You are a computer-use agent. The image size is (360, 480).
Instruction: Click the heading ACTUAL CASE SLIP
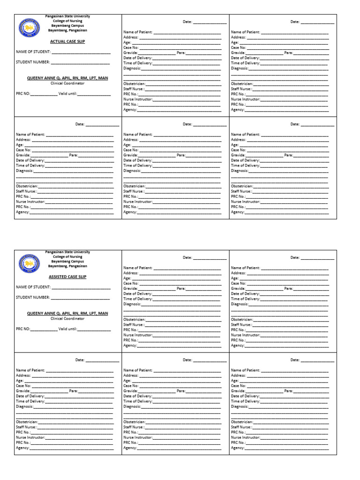coord(67,41)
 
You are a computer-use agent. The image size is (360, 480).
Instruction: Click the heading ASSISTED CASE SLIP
coord(67,277)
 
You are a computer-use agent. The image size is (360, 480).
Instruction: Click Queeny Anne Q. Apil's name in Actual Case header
coord(67,78)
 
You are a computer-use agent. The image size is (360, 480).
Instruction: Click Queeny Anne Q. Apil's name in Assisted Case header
coord(67,314)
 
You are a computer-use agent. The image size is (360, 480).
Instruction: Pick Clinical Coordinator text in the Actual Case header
coord(67,83)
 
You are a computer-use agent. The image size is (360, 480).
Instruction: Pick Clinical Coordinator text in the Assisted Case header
coord(67,319)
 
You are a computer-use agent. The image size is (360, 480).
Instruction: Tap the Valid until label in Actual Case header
coord(67,94)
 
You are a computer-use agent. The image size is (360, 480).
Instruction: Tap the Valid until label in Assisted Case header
coord(67,330)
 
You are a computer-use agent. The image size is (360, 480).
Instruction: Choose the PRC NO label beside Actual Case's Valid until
coord(23,94)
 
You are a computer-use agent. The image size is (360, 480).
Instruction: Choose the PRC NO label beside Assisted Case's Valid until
coord(23,330)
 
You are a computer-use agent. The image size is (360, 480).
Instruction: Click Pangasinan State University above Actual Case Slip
coord(67,16)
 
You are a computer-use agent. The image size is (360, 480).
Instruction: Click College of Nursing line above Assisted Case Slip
coord(67,257)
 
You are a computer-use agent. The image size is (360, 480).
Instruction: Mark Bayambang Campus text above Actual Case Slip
coord(67,25)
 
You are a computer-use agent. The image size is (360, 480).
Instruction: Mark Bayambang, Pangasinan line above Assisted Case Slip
coord(67,266)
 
